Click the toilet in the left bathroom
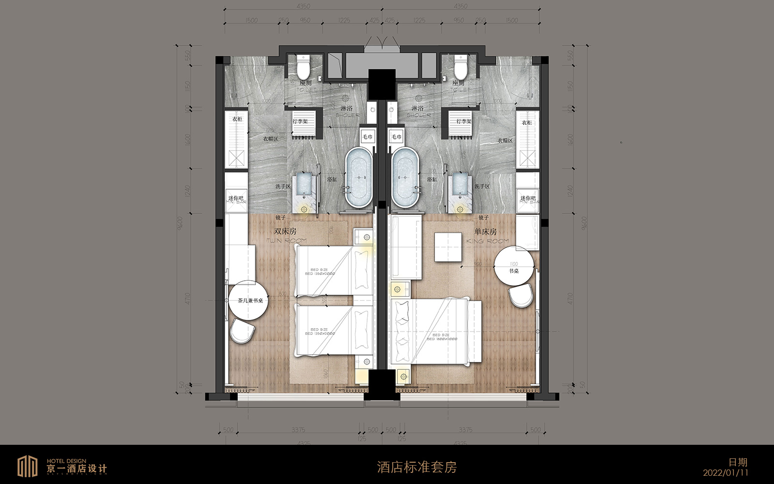point(303,68)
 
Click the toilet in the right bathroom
point(460,68)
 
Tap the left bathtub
point(358,178)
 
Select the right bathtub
point(405,178)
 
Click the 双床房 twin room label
point(285,232)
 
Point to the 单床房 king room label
point(486,232)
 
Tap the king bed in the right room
point(438,332)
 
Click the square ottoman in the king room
point(448,247)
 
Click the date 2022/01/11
point(726,473)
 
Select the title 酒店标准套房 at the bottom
point(417,467)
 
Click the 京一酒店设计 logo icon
point(28,467)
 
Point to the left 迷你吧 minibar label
point(236,198)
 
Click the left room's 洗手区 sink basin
point(304,185)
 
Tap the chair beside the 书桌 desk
point(521,296)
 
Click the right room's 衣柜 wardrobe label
point(527,123)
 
